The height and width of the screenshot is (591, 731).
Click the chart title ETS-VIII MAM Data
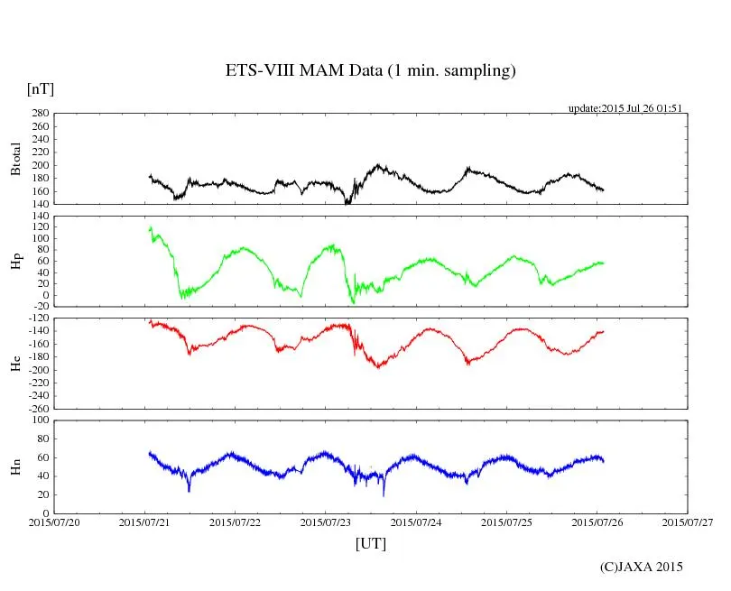click(x=370, y=71)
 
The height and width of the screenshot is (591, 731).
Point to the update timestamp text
click(x=625, y=108)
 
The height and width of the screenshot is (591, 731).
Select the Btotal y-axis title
click(x=15, y=158)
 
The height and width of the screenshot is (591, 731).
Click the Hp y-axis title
click(x=15, y=262)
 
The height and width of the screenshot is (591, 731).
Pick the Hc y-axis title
click(x=15, y=364)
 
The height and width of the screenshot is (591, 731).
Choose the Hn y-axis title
click(x=15, y=466)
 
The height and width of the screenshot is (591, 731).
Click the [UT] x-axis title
click(x=370, y=543)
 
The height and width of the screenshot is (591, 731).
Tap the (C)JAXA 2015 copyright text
click(x=641, y=567)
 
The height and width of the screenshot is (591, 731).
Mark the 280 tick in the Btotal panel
click(x=38, y=114)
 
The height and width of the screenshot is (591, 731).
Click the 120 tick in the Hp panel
click(x=38, y=217)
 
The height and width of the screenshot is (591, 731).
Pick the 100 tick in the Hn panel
click(x=38, y=420)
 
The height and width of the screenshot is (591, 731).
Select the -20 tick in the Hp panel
click(x=38, y=306)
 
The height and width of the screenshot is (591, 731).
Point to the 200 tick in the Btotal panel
click(x=38, y=166)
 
